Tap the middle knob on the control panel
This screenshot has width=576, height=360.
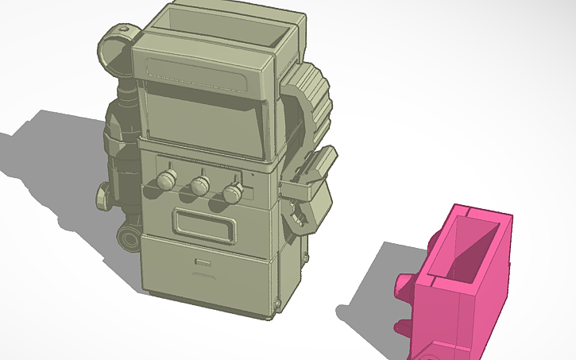199,186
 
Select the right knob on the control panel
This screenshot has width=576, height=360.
231,193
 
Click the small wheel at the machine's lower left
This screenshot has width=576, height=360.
129,238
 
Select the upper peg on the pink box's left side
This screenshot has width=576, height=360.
406,287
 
